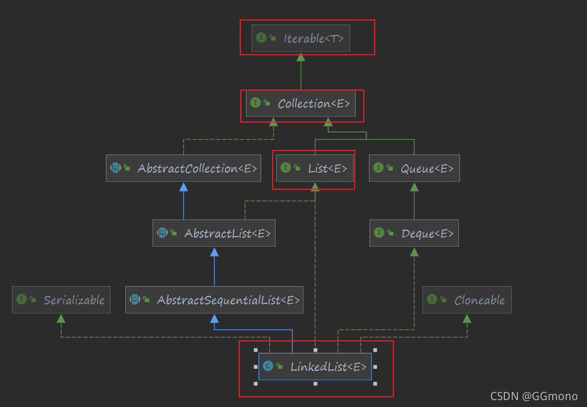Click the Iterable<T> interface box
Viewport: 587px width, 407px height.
coord(301,38)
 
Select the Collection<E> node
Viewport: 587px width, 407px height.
coord(301,103)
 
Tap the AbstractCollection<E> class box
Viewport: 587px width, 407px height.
coord(183,168)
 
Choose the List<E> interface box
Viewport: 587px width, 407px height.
coord(315,168)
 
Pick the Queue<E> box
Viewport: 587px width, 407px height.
coord(414,168)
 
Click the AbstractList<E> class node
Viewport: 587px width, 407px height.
coord(214,233)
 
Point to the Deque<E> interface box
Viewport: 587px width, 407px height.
coord(414,233)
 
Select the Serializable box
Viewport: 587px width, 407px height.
coord(61,300)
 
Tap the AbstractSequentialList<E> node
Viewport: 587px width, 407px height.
coord(214,300)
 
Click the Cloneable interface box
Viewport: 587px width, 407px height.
coord(467,300)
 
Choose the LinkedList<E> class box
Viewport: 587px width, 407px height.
coord(315,366)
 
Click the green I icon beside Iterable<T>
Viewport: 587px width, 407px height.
coord(261,38)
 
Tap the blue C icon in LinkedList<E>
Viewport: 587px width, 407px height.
coord(268,366)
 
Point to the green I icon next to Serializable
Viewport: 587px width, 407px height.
coord(22,300)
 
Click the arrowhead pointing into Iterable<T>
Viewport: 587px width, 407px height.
coord(301,56)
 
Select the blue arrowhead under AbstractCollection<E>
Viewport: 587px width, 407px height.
coord(183,187)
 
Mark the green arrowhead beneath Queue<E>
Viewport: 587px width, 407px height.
coord(414,186)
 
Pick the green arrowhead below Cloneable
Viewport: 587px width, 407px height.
coord(467,318)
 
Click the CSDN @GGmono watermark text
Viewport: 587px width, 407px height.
coord(535,396)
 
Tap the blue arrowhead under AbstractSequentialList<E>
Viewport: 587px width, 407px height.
coord(214,318)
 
